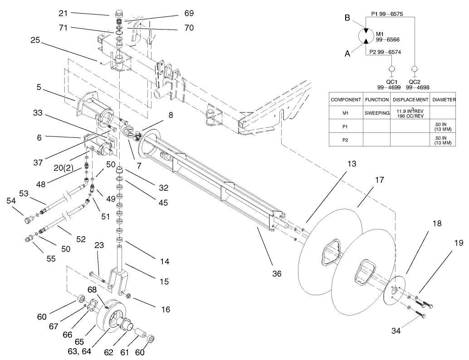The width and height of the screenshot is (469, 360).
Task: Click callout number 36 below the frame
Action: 277,274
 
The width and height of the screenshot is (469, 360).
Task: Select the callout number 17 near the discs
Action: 380,180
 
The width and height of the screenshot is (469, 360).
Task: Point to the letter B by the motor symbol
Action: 347,19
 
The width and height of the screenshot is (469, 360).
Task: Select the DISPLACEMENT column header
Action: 410,100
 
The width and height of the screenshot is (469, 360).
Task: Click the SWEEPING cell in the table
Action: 376,112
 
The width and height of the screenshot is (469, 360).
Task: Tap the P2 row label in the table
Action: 346,141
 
